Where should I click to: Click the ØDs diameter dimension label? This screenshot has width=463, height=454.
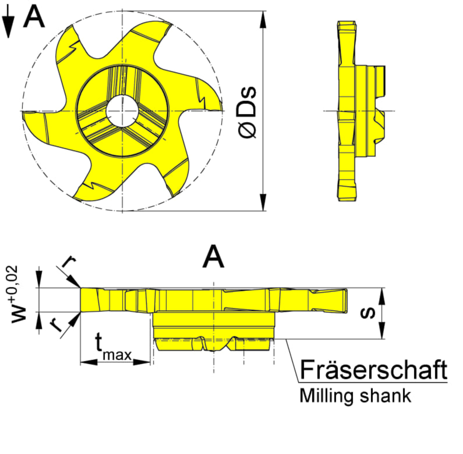[x=247, y=112]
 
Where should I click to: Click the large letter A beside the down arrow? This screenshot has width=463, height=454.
[x=34, y=17]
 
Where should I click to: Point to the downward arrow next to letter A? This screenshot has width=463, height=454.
[x=8, y=22]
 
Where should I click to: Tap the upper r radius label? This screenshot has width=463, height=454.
[x=69, y=262]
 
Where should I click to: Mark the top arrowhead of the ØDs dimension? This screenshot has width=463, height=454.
[x=263, y=20]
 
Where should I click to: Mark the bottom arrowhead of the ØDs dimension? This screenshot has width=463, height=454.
[x=263, y=202]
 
